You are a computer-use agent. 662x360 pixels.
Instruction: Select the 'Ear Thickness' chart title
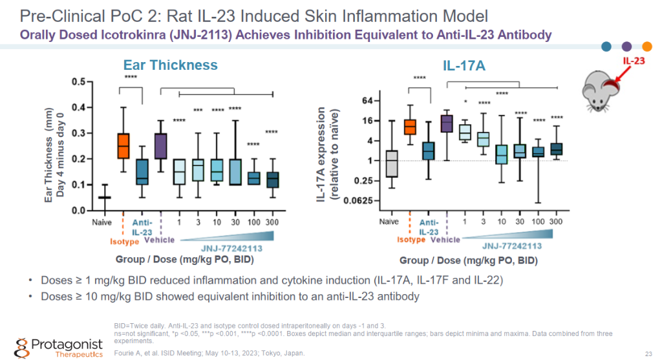[171, 65]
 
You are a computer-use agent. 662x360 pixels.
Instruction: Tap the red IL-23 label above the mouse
[633, 61]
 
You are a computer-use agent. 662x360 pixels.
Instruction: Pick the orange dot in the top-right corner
[646, 46]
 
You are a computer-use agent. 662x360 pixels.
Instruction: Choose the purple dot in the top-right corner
[626, 46]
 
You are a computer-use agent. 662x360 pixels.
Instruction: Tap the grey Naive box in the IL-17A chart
[391, 163]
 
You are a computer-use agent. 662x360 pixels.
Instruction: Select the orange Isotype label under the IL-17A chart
[411, 239]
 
